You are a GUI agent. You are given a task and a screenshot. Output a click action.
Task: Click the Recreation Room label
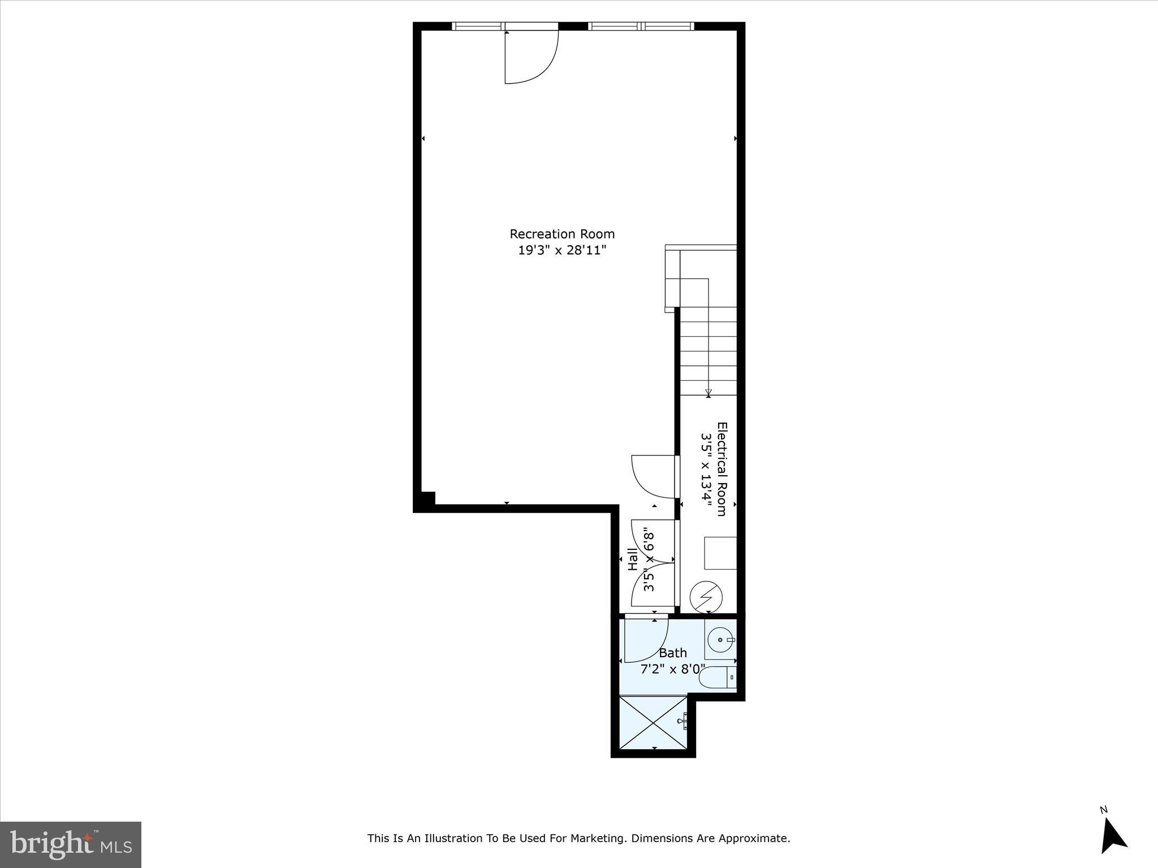pos(561,234)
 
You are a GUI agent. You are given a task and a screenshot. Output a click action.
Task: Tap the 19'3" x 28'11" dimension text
pos(561,250)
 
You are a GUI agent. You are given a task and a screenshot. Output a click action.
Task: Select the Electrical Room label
pos(721,469)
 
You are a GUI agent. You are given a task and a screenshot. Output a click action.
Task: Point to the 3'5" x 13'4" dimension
pos(706,469)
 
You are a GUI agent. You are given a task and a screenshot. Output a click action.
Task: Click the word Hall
pos(633,559)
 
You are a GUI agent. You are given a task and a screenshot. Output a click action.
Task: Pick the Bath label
pos(672,653)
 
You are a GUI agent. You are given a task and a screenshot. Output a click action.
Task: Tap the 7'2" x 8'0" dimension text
pos(672,669)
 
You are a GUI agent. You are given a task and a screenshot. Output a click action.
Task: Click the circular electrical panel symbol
pos(706,596)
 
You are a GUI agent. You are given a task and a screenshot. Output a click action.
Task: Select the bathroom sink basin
pos(721,640)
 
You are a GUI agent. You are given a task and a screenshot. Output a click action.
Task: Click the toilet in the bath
pos(717,677)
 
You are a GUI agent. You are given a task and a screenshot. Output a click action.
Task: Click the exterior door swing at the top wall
pos(532,57)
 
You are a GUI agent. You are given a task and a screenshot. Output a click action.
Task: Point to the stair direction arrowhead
pos(708,392)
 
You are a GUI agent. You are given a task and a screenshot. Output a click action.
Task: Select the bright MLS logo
pos(71,844)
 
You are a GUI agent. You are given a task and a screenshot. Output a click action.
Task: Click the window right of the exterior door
pos(641,26)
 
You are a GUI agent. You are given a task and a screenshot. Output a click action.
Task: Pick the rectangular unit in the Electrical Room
pos(720,553)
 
